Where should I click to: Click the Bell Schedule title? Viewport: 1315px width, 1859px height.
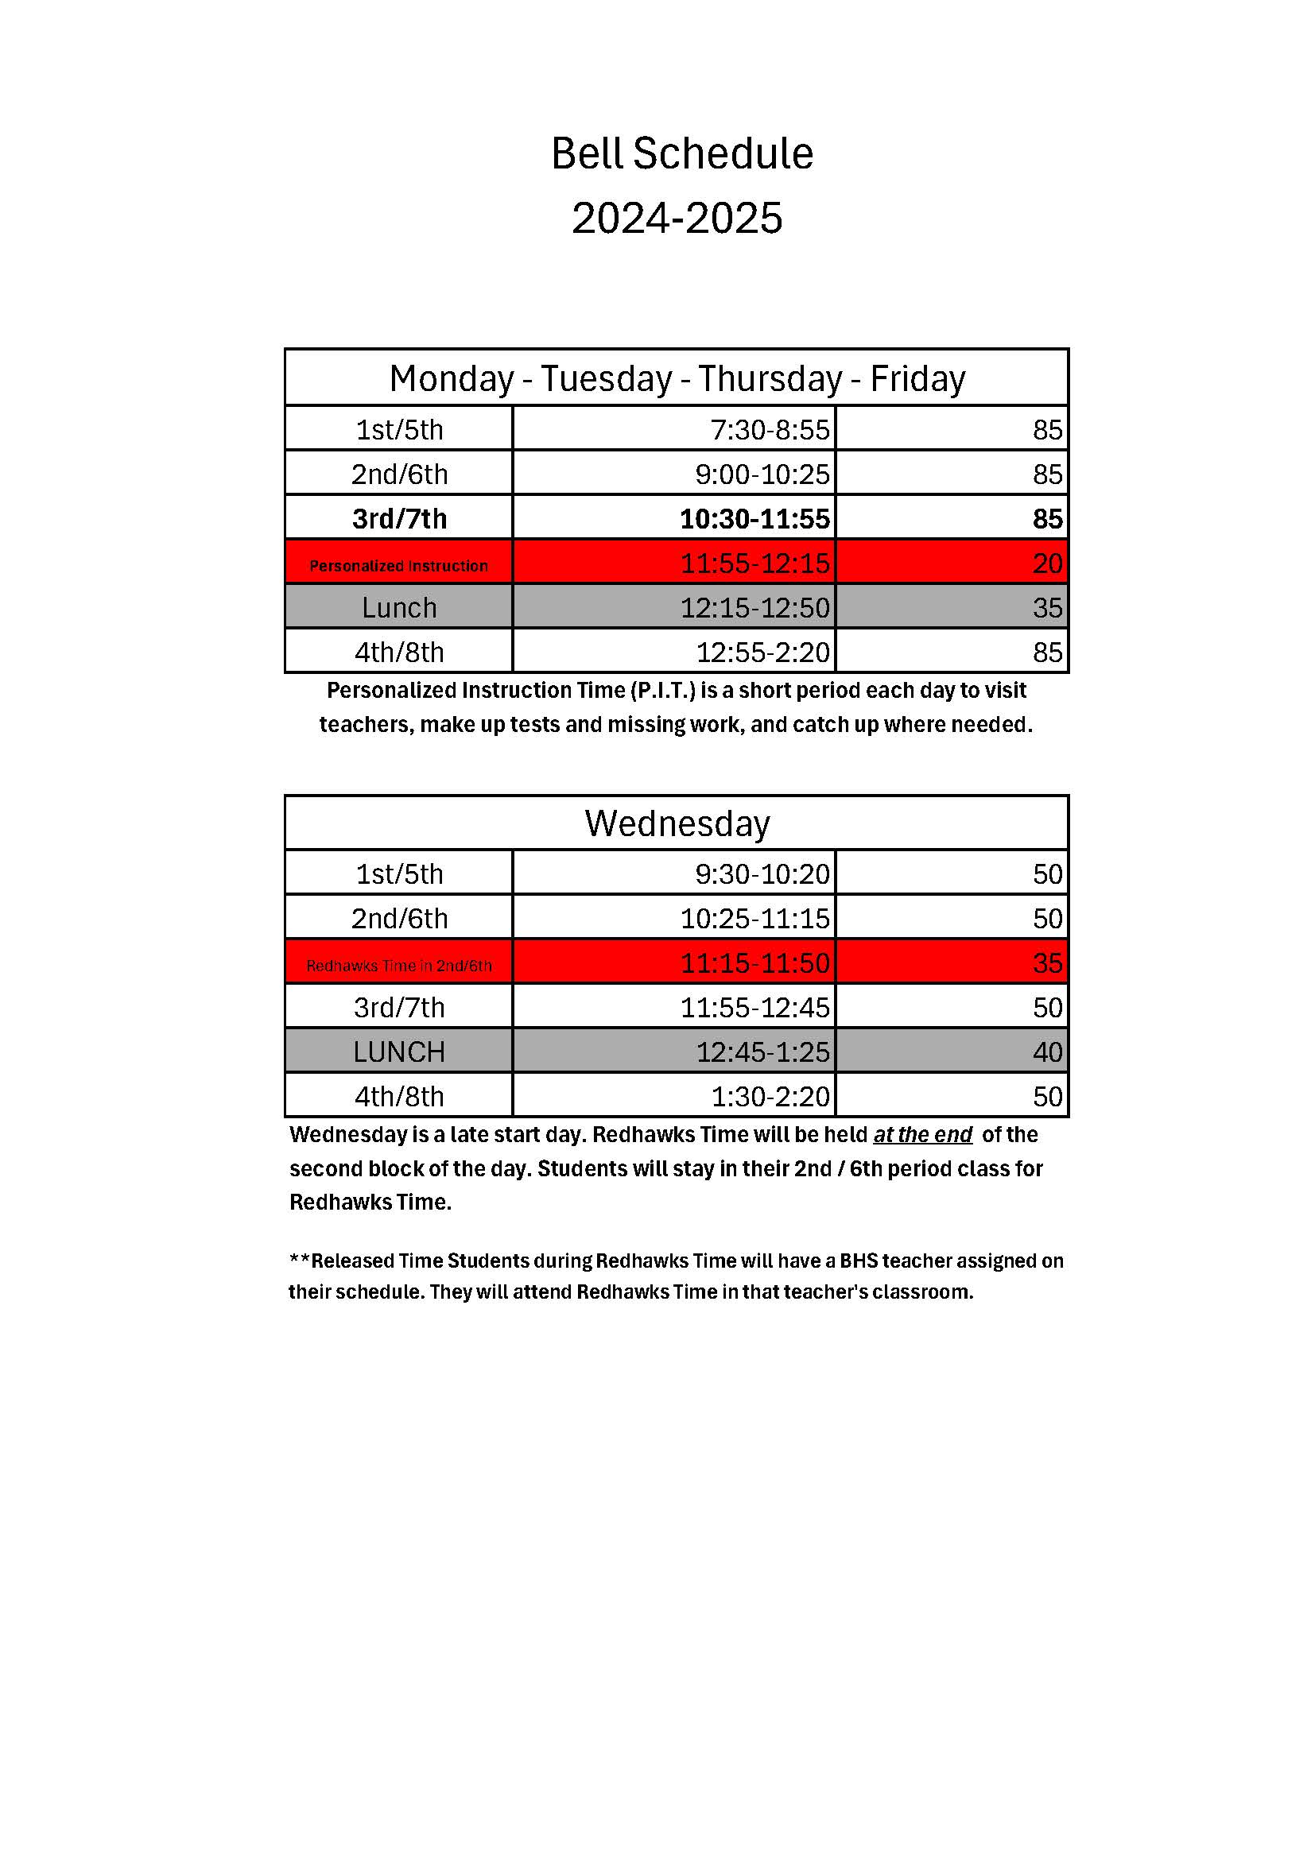coord(682,154)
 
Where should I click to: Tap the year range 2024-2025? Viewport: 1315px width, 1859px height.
coord(677,219)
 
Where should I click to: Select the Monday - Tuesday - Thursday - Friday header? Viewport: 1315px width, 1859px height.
coord(677,379)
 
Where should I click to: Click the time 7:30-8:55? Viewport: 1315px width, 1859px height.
coord(770,429)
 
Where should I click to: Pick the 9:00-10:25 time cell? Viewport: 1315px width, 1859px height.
coord(762,474)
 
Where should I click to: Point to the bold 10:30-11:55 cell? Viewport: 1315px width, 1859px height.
coord(754,519)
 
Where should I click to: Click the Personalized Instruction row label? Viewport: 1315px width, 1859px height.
coord(398,566)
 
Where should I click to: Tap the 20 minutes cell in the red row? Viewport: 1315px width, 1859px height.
coord(1047,564)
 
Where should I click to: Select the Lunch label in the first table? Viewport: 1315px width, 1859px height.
coord(398,608)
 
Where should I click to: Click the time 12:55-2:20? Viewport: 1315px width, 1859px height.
coord(762,653)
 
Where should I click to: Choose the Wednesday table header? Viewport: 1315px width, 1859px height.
coord(677,823)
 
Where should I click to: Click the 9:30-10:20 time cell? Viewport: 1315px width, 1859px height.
coord(762,874)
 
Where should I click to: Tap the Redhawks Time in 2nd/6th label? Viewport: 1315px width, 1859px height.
coord(398,966)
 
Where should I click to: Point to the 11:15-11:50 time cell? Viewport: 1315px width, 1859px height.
coord(754,963)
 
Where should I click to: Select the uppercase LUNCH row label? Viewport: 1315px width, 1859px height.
coord(398,1052)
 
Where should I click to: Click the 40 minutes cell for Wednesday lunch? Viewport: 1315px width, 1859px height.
coord(1047,1052)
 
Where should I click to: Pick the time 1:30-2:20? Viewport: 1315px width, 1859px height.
coord(770,1097)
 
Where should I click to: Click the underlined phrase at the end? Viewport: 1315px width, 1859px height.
coord(922,1135)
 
